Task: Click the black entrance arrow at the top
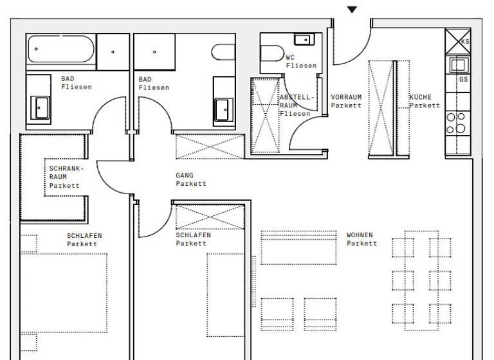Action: tap(351, 10)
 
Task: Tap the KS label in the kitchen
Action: tap(465, 41)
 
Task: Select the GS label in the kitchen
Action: tap(463, 80)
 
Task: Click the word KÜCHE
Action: tap(421, 97)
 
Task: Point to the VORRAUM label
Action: tap(346, 97)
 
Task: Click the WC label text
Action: tap(290, 57)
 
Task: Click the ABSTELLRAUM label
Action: tap(297, 105)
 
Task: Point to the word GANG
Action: tap(184, 175)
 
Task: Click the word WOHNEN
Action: tap(360, 235)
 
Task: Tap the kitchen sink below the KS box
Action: tap(458, 64)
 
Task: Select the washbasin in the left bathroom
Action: tap(40, 107)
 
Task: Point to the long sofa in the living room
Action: tap(299, 248)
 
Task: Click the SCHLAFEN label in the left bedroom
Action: tap(84, 235)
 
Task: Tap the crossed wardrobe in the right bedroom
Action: tap(210, 216)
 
